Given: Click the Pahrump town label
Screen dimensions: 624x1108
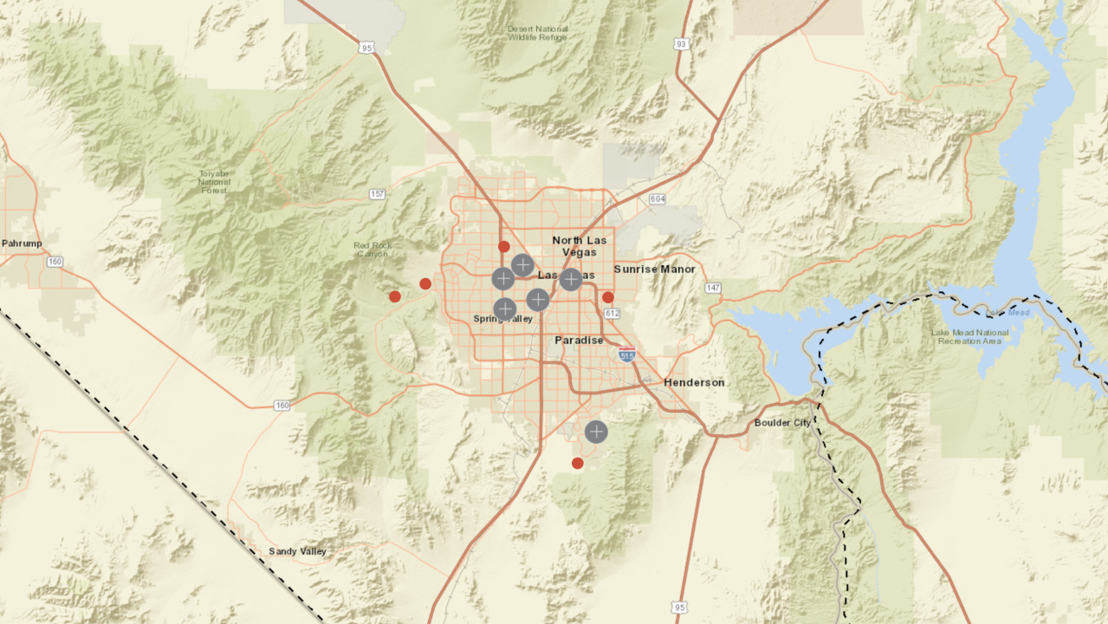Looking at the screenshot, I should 22,244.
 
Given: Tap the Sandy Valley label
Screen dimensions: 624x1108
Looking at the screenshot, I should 296,551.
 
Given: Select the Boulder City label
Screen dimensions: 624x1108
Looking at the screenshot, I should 784,423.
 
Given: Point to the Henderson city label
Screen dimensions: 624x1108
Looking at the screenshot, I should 694,382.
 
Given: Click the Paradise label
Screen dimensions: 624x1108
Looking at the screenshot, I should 579,341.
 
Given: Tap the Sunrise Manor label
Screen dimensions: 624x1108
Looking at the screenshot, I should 654,270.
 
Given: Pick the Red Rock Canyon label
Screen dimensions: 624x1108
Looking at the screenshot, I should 373,250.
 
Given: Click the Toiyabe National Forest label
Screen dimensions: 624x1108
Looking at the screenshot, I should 214,182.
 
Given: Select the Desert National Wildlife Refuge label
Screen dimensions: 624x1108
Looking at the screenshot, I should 538,33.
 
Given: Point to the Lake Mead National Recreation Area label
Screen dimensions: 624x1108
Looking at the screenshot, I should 969,336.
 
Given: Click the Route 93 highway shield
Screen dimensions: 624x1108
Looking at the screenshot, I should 681,42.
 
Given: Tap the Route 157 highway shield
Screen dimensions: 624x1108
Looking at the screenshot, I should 377,193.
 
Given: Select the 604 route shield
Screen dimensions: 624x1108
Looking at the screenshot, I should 657,199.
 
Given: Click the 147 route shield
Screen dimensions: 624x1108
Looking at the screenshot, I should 712,287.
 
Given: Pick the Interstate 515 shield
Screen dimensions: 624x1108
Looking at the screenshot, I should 627,354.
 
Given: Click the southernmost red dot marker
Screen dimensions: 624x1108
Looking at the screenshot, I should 578,463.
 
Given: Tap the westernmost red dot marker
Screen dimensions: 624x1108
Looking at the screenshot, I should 395,296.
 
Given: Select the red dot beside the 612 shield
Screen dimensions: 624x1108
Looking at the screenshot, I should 608,297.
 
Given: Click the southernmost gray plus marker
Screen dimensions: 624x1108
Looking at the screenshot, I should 596,432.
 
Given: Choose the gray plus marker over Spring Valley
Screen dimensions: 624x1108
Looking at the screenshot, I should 505,309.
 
